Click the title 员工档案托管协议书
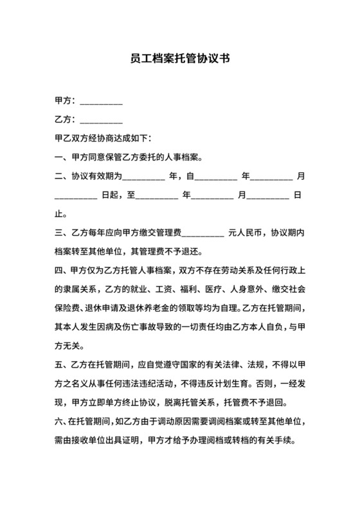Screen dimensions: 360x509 (x=179, y=58)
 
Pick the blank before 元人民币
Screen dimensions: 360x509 (x=203, y=233)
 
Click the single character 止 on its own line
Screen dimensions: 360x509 (x=60, y=213)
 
